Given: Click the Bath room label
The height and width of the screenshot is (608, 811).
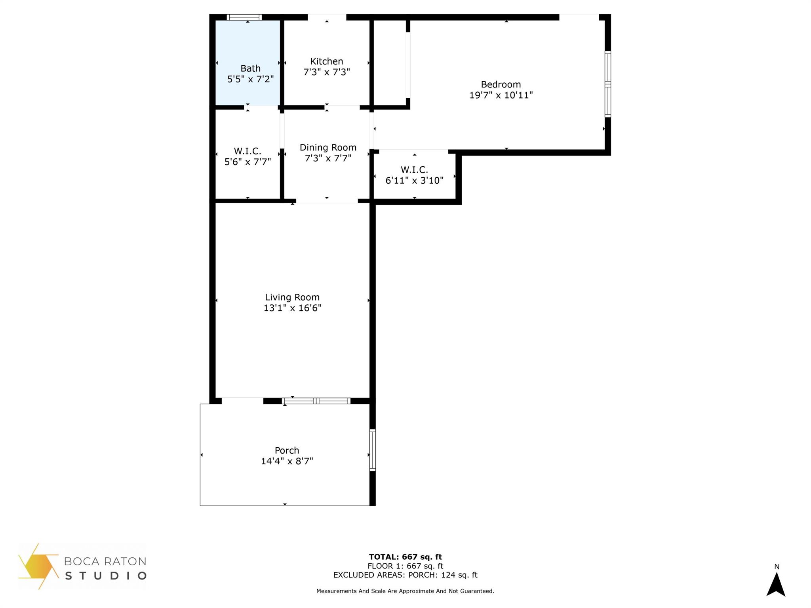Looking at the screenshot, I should point(250,68).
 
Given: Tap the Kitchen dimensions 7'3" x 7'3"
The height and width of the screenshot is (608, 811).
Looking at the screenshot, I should point(327,72).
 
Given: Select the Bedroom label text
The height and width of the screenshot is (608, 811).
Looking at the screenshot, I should point(501,84).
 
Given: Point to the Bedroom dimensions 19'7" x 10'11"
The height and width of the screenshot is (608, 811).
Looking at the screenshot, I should point(501,95).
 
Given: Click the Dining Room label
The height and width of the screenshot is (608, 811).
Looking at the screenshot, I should point(328,147).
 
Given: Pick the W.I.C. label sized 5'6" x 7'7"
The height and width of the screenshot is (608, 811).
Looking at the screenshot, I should point(247,151).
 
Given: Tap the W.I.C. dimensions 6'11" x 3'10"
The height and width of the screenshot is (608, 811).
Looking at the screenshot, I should point(414,180).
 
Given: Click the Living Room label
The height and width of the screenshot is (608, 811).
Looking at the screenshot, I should point(292,297).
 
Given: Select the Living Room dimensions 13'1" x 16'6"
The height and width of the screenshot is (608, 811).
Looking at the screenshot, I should point(292,308).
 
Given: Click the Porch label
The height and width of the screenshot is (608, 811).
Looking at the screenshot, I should point(287,450).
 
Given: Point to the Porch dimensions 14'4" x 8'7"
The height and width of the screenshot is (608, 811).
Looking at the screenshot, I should point(287,461).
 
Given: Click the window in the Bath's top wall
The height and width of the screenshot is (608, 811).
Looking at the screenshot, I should point(244,17).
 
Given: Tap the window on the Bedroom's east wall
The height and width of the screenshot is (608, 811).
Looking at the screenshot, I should point(607,84).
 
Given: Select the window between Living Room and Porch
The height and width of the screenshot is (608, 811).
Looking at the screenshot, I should point(316,401).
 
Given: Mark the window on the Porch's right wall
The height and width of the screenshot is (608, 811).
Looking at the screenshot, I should point(372,450).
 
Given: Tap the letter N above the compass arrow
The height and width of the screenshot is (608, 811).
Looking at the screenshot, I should point(777,567).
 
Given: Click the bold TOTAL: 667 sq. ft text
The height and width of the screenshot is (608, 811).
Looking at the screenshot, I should point(405,557).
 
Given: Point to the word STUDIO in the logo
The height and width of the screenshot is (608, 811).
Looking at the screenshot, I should point(106,576).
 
